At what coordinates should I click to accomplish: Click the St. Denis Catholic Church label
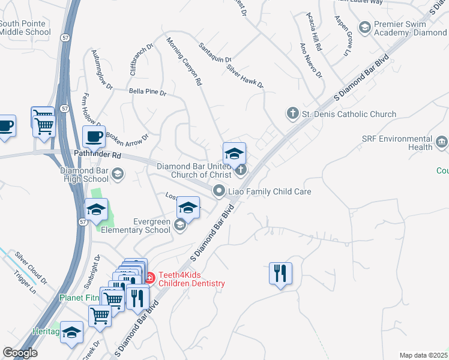pos(349,114)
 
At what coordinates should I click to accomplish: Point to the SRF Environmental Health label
pos(397,142)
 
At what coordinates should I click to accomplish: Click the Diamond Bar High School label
pos(84,175)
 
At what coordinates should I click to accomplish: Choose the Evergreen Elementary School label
pos(136,226)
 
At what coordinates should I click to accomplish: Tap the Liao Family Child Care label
pos(268,191)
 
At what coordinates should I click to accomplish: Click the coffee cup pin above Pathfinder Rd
pos(94,137)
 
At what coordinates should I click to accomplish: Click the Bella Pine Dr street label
pos(147,93)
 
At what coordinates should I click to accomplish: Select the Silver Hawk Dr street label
pos(245,76)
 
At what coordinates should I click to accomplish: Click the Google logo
pos(20,353)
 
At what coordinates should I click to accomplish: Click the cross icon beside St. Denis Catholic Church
pos(292,113)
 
